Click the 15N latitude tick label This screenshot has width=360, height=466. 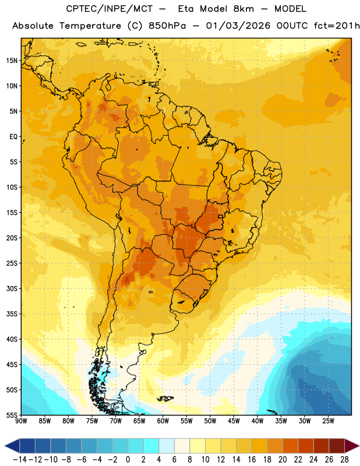pyautogui.click(x=12, y=61)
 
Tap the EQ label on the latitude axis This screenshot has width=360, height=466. pyautogui.click(x=13, y=137)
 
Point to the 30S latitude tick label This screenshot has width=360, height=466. pyautogui.click(x=12, y=288)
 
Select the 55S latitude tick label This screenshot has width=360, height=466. pyautogui.click(x=12, y=415)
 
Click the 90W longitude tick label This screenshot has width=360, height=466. pyautogui.click(x=21, y=421)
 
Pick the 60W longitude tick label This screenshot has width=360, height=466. pyautogui.click(x=163, y=421)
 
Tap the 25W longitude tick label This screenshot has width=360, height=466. pyautogui.click(x=328, y=421)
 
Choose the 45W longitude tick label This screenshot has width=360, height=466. pyautogui.click(x=234, y=421)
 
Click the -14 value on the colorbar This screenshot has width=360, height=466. pyautogui.click(x=20, y=460)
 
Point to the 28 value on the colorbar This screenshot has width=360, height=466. pyautogui.click(x=344, y=460)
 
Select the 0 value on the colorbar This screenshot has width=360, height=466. pyautogui.click(x=128, y=460)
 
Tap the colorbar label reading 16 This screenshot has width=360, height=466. pyautogui.click(x=252, y=460)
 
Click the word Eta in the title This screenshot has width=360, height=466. pyautogui.click(x=186, y=9)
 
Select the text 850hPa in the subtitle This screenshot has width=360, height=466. pyautogui.click(x=167, y=26)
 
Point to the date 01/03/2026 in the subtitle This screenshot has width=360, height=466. pyautogui.click(x=238, y=26)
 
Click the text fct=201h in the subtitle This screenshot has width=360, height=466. pyautogui.click(x=337, y=26)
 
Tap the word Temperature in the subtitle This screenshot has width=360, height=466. pyautogui.click(x=90, y=26)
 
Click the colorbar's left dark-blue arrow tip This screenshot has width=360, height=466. pyautogui.click(x=5, y=446)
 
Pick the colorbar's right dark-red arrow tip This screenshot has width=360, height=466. pyautogui.click(x=359, y=446)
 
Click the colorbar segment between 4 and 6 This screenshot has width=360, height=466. pyautogui.click(x=167, y=446)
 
